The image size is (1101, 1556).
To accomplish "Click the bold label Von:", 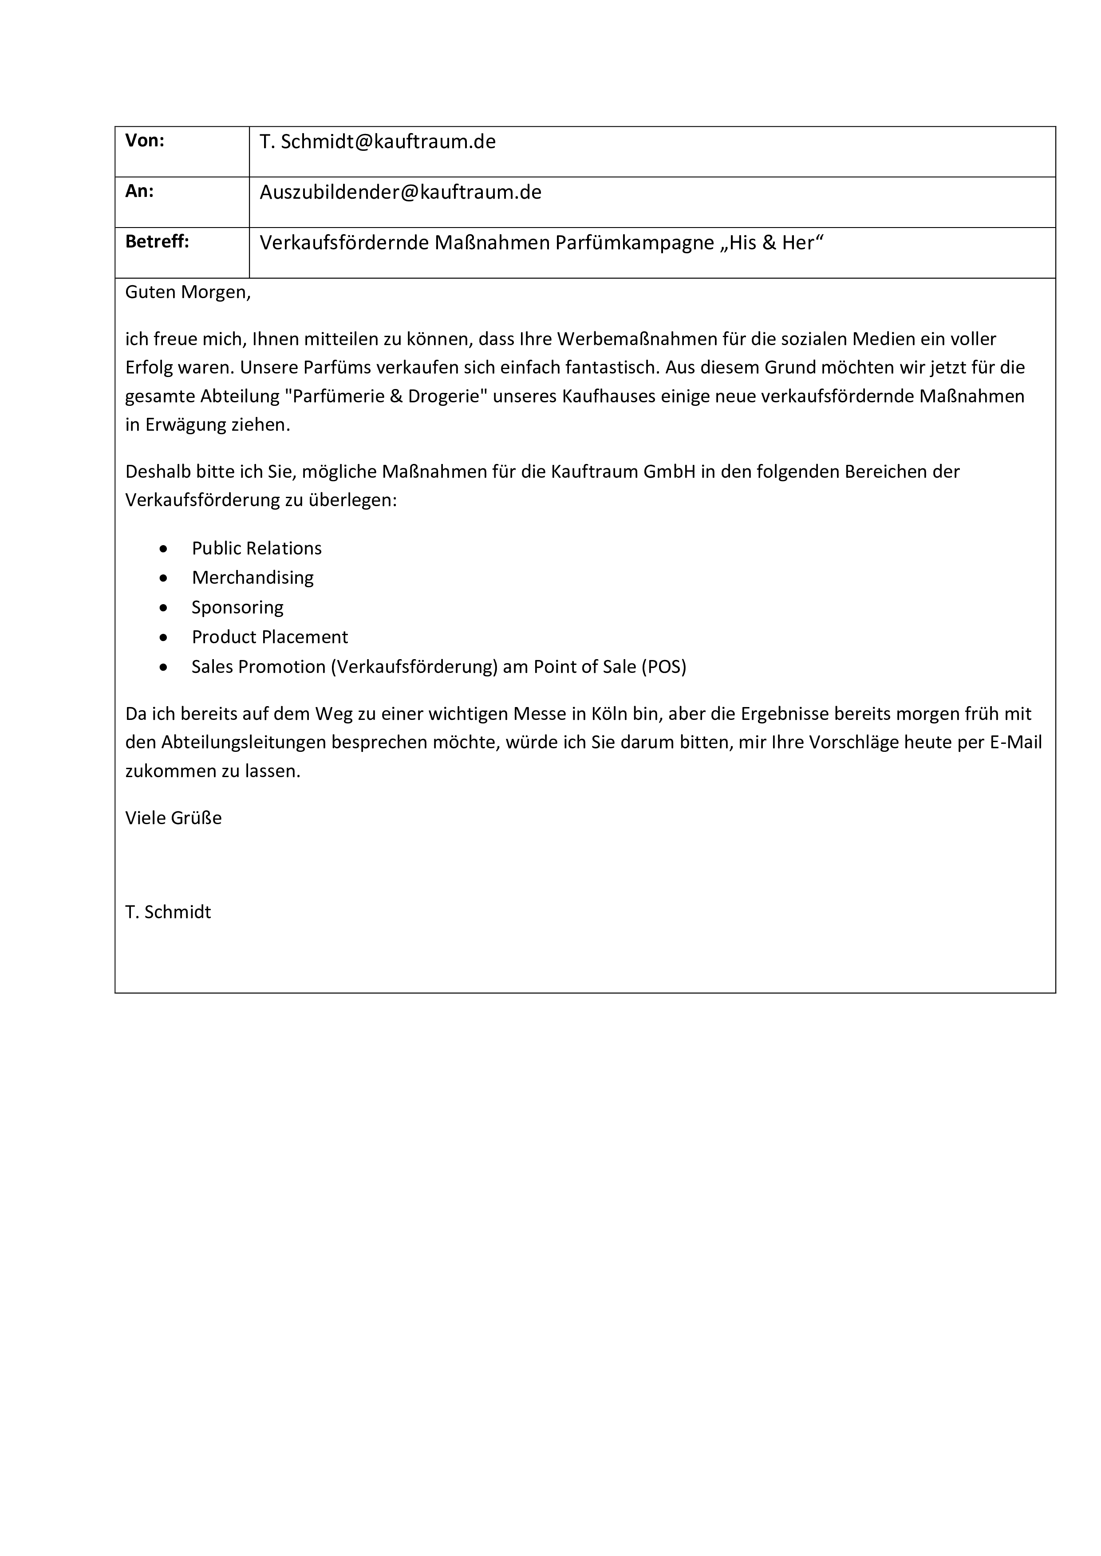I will (x=144, y=141).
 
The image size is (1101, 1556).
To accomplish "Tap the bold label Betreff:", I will (x=157, y=242).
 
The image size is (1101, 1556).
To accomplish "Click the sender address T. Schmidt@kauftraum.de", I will (x=378, y=141).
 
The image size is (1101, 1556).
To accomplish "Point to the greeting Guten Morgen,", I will (x=188, y=293).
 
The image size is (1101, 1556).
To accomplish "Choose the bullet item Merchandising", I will (x=252, y=578).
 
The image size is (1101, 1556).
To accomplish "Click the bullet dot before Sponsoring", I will (x=163, y=608).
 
